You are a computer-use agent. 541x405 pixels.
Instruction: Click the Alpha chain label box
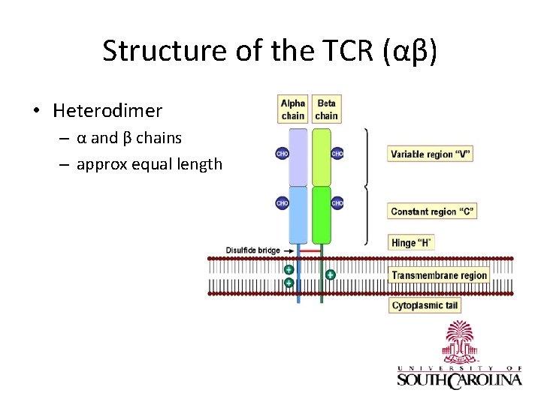pos(293,109)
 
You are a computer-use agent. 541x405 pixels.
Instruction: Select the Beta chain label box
pos(326,109)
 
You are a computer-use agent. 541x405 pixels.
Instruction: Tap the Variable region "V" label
pos(431,154)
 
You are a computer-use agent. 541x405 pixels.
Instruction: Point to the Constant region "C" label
pos(432,211)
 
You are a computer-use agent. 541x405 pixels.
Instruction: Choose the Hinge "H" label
pos(411,242)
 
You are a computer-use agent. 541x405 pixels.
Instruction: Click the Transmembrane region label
pos(439,275)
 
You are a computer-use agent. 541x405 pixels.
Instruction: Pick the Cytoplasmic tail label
pos(424,305)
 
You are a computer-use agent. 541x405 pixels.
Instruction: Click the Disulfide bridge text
pos(252,250)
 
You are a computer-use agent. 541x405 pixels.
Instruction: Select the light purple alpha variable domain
pos(298,156)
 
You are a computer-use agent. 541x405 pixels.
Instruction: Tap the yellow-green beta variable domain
pos(322,156)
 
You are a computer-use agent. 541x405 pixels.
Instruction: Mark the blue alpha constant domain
pos(298,214)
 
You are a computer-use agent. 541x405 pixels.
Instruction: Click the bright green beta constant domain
pos(322,214)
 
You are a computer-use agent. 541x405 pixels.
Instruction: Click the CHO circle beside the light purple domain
pos(283,154)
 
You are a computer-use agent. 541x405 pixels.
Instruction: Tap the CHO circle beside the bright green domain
pos(337,202)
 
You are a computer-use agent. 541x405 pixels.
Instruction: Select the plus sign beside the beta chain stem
pos(330,275)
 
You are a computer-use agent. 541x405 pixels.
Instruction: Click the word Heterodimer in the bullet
pos(107,111)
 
